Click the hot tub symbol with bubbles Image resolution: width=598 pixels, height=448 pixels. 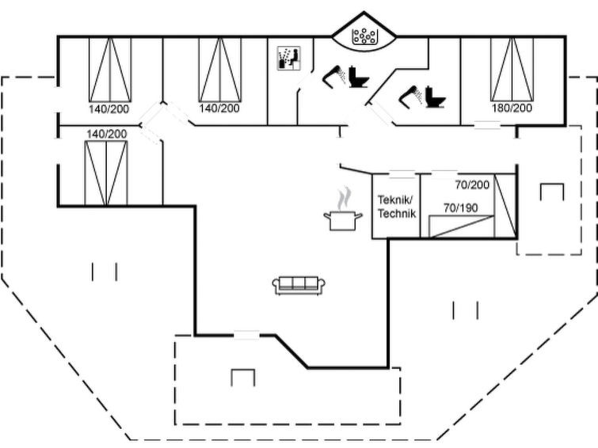coord(364,36)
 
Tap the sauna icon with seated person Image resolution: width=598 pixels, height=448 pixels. coord(288,59)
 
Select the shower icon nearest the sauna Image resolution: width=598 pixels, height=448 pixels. coord(334,75)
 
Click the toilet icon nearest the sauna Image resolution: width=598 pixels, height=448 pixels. coord(359,78)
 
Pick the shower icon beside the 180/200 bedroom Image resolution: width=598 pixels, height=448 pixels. coord(410,96)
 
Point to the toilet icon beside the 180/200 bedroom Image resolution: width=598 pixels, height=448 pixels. coord(436,97)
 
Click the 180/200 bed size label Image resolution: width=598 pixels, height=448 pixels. coord(512,108)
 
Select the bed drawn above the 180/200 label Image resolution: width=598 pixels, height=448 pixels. coord(512,70)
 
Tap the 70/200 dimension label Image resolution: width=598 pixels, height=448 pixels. coord(472,185)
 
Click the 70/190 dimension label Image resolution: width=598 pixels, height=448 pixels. coord(461,208)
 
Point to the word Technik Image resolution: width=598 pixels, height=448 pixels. coord(397,214)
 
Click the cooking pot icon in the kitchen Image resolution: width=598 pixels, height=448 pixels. coord(343,221)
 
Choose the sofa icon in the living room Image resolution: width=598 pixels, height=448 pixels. coord(299,285)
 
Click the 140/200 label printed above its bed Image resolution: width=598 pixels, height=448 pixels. coord(106,135)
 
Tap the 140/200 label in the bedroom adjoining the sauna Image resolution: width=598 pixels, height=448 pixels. coord(219,108)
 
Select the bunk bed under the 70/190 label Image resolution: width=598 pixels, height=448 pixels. coord(462,226)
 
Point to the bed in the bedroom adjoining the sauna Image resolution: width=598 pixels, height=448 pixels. coord(219,70)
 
